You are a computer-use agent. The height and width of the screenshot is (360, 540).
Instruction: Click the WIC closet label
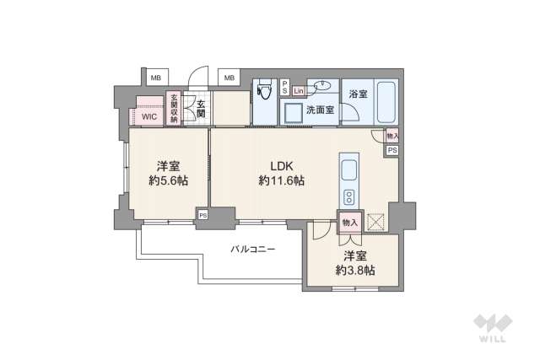[x=148, y=117]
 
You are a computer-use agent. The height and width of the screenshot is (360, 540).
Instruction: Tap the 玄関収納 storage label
[x=175, y=109]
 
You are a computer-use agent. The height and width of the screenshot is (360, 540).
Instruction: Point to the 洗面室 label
[x=321, y=110]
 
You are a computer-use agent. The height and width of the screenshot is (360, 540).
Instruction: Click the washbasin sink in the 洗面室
[x=321, y=86]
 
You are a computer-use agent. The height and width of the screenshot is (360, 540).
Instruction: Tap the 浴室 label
[x=358, y=94]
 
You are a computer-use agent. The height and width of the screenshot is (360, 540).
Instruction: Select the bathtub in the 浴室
[x=387, y=103]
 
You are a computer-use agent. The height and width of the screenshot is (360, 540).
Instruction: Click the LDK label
[x=281, y=165]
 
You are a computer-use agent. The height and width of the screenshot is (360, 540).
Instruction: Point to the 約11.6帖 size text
[x=281, y=180]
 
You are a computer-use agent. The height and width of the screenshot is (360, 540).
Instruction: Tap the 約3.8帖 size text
[x=354, y=270]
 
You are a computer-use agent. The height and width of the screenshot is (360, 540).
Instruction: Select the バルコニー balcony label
[x=252, y=250]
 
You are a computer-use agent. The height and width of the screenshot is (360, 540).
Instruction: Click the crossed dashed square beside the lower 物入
[x=375, y=223]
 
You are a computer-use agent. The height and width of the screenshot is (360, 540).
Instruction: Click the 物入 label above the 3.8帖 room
[x=349, y=223]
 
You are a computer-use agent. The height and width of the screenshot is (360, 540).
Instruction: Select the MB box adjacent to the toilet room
[x=229, y=78]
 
